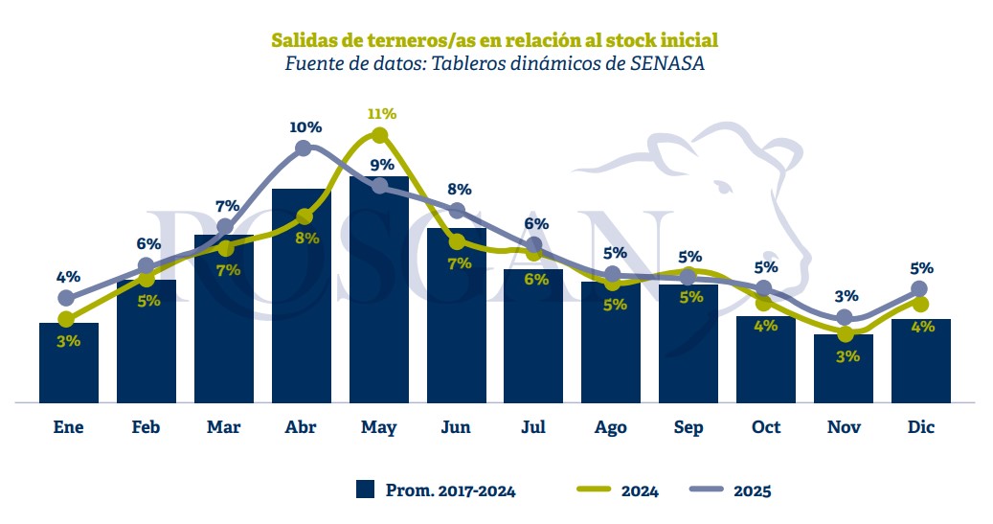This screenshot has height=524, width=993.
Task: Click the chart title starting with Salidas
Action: pyautogui.click(x=495, y=40)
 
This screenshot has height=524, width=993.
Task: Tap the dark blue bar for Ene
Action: pyautogui.click(x=69, y=364)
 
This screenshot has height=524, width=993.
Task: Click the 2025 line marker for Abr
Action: pyautogui.click(x=304, y=148)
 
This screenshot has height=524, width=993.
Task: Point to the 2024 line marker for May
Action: pyautogui.click(x=379, y=135)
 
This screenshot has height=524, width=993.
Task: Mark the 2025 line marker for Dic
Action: pyautogui.click(x=919, y=288)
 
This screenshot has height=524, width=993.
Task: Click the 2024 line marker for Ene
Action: pyautogui.click(x=67, y=319)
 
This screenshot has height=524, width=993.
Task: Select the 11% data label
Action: pyautogui.click(x=381, y=114)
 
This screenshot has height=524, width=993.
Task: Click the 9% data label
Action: pyautogui.click(x=382, y=165)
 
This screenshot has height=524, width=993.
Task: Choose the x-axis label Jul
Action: pyautogui.click(x=534, y=427)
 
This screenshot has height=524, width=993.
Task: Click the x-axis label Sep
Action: pyautogui.click(x=688, y=427)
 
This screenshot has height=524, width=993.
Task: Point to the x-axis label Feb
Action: pyautogui.click(x=146, y=427)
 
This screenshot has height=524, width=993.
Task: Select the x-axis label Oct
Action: pyautogui.click(x=766, y=427)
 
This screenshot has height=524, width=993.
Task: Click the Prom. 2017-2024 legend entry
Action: pyautogui.click(x=436, y=490)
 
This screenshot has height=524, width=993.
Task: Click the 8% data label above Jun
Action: pyautogui.click(x=459, y=190)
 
